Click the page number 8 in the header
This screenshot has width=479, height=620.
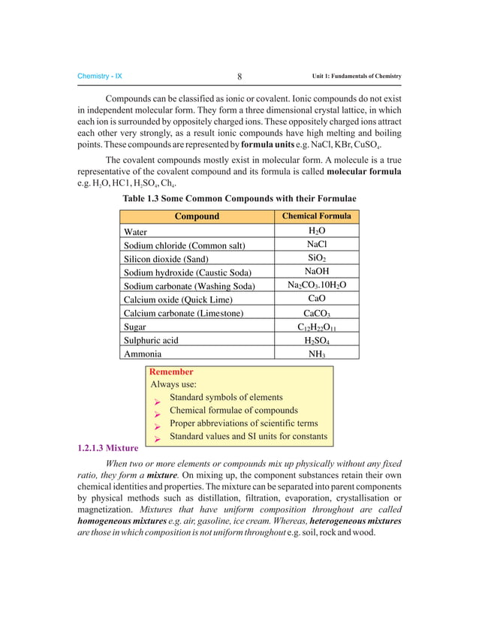point(239,77)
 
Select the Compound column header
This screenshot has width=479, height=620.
point(197,216)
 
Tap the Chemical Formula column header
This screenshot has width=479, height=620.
point(316,216)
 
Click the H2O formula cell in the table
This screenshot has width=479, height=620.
point(316,231)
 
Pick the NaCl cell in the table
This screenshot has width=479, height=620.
point(316,245)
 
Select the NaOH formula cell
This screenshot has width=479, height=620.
point(316,272)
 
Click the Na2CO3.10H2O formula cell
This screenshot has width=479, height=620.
point(316,286)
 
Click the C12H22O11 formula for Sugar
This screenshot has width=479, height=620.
point(316,327)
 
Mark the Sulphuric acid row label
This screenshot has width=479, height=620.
point(151,340)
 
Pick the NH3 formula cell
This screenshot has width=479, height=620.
point(316,354)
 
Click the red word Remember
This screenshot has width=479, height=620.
point(172,372)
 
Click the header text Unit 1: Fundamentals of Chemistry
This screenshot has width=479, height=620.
point(357,77)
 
